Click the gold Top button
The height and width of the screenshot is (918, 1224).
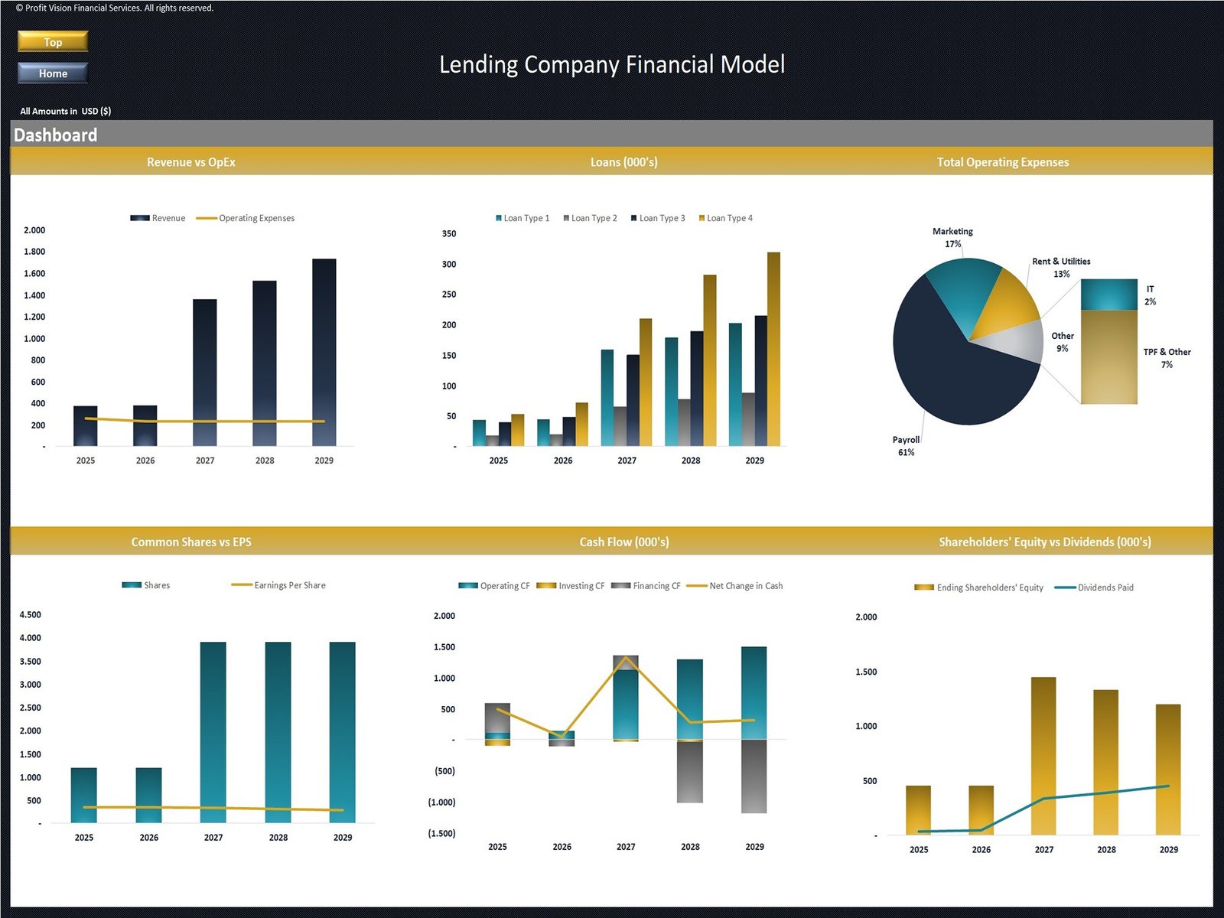pos(53,41)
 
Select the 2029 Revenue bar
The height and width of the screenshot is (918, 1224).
pos(324,352)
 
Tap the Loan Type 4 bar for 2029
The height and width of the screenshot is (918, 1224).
pos(773,348)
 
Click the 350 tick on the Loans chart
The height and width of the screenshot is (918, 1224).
pos(449,234)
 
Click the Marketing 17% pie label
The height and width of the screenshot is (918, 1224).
pos(952,237)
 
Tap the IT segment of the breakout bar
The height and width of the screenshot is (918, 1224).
pos(1108,295)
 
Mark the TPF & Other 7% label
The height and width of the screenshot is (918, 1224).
pos(1167,358)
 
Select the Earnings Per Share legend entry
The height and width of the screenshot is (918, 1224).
pos(288,585)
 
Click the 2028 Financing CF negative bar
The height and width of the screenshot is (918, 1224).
pos(690,771)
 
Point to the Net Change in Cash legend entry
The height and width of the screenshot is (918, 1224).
pos(745,586)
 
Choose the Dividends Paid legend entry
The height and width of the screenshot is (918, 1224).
pos(1105,588)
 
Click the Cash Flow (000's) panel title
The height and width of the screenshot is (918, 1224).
pos(623,542)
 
